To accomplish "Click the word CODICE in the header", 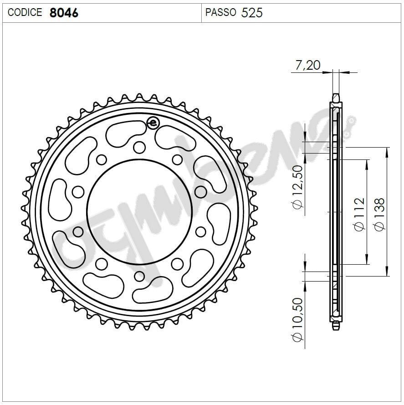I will point(25,12).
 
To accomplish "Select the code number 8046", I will point(63,12).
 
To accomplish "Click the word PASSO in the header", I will point(220,12).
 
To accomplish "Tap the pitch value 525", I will point(252,12).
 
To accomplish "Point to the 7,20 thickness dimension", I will point(308,65).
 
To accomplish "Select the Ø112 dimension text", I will point(359,213).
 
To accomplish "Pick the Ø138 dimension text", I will point(379,213).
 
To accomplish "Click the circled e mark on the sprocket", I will point(153,123).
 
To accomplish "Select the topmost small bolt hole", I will point(139,147).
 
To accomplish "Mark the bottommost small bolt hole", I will point(139,277).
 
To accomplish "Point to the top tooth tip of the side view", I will point(336,96).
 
